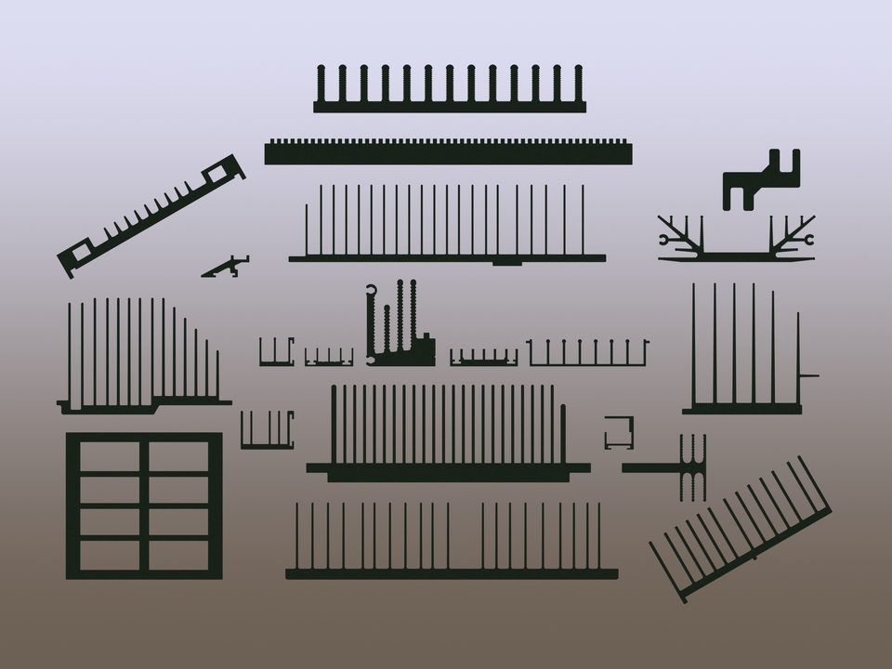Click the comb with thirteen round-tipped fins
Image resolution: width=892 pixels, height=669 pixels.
coord(450,105)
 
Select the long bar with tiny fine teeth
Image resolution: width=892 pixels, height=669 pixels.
coord(449,153)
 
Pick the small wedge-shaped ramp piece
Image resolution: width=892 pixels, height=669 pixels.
coord(226,268)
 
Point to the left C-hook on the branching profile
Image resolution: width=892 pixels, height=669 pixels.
coord(664,240)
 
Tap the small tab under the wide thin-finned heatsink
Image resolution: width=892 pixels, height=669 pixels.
coord(506,263)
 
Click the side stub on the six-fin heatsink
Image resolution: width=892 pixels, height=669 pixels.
coord(809,376)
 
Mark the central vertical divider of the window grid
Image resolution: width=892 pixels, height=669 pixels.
coord(144,506)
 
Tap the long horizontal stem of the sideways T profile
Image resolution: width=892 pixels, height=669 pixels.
coord(650,467)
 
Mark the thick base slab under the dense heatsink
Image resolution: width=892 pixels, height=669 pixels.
coord(448,474)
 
